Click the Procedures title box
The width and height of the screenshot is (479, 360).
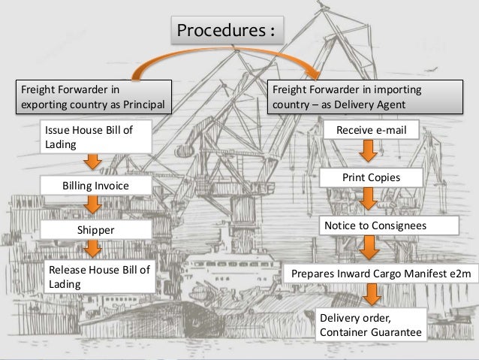[224, 31]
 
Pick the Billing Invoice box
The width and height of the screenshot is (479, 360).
[95, 185]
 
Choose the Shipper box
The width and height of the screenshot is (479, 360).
[94, 228]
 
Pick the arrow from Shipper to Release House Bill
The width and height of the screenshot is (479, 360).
[93, 249]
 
